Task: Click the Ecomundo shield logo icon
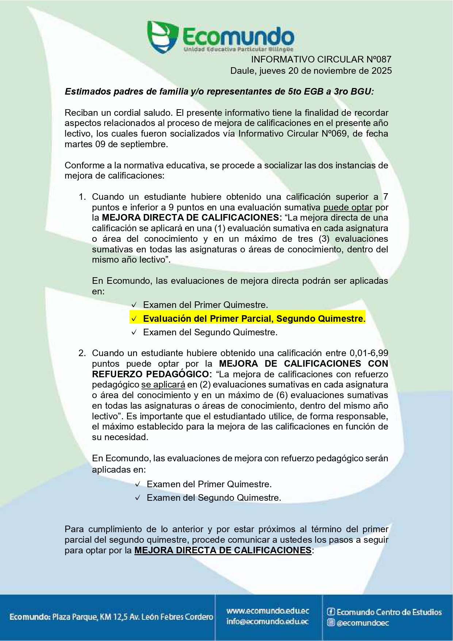(162, 37)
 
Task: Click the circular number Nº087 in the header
(378, 60)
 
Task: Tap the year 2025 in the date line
(382, 71)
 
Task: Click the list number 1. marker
(82, 197)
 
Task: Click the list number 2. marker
(82, 353)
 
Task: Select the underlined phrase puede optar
(348, 207)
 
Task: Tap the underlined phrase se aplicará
(163, 385)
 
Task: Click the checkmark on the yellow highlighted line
(134, 319)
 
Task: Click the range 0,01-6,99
(369, 353)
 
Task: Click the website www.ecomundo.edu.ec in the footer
(268, 611)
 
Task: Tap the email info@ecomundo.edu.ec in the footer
(268, 621)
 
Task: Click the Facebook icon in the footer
(331, 612)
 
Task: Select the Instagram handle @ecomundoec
(362, 623)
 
